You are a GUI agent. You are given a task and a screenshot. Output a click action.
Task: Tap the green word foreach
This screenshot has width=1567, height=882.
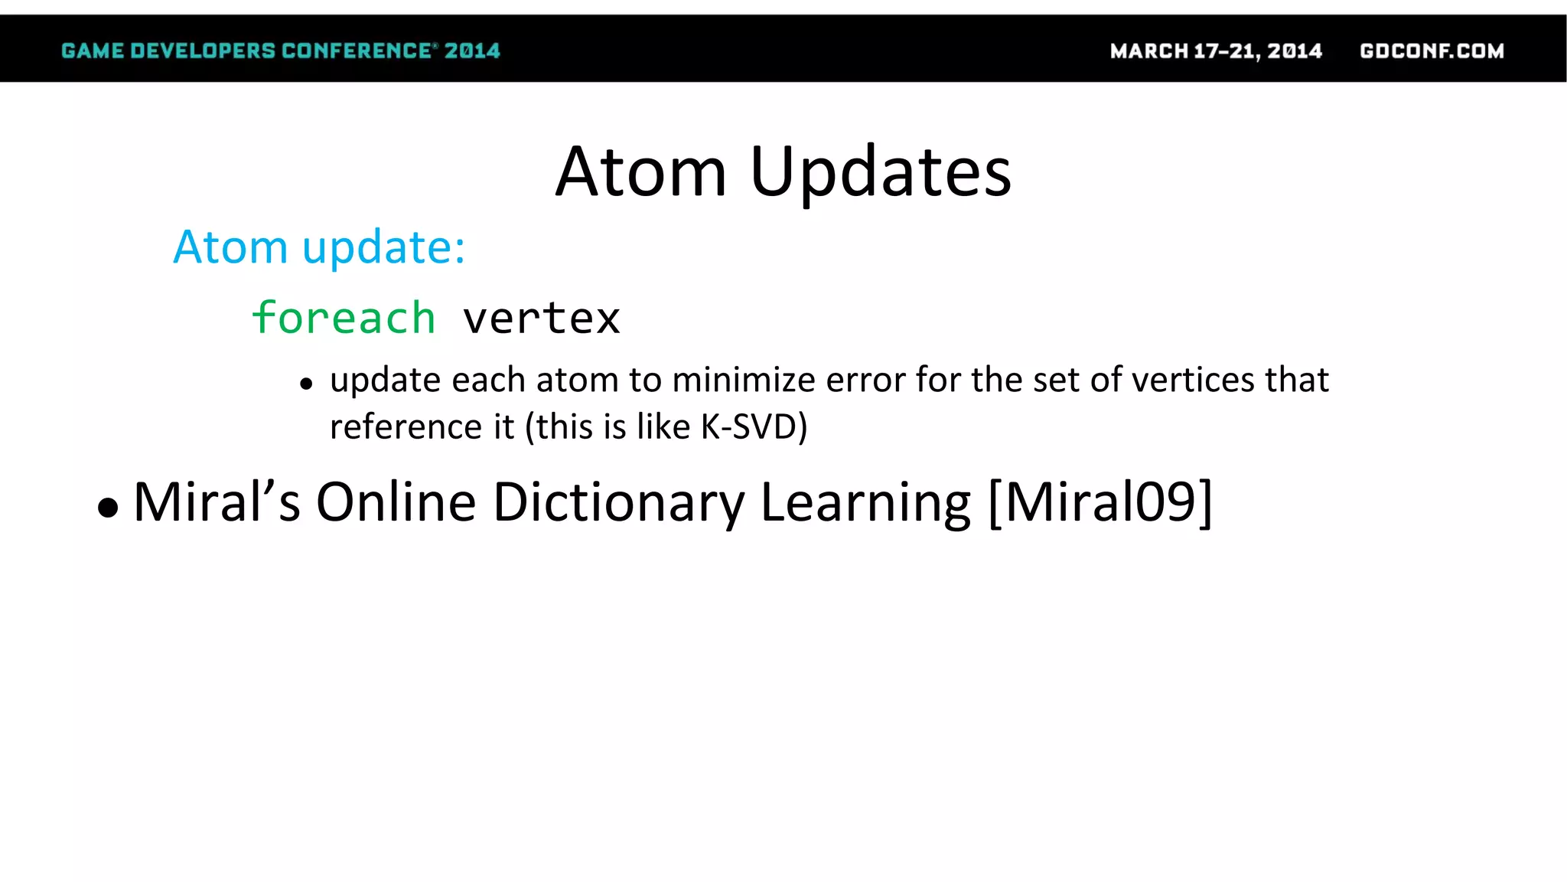[x=344, y=318]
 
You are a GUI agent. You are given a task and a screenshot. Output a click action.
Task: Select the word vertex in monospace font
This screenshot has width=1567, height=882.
[x=542, y=318]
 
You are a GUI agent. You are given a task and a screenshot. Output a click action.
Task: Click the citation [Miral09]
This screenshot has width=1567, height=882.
[x=1100, y=502]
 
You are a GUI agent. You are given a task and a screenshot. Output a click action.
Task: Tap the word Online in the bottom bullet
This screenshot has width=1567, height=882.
[x=396, y=502]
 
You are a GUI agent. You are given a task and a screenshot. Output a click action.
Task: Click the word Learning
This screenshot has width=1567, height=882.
[x=865, y=502]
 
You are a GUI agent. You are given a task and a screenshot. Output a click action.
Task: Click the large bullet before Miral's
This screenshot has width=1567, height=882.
[x=109, y=508]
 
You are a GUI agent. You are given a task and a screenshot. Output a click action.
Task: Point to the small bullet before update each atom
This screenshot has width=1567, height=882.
[x=307, y=384]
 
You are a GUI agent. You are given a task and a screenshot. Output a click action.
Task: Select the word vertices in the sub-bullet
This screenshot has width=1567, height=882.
[x=1193, y=380]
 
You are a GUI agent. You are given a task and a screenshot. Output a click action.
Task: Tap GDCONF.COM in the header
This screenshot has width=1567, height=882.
[x=1432, y=51]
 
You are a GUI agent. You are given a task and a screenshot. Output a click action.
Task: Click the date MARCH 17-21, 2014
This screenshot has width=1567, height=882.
[x=1216, y=51]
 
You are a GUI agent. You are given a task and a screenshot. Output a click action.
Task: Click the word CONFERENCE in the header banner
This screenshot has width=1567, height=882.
[x=357, y=51]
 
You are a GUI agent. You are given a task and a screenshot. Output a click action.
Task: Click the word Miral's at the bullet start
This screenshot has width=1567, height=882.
[x=217, y=502]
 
